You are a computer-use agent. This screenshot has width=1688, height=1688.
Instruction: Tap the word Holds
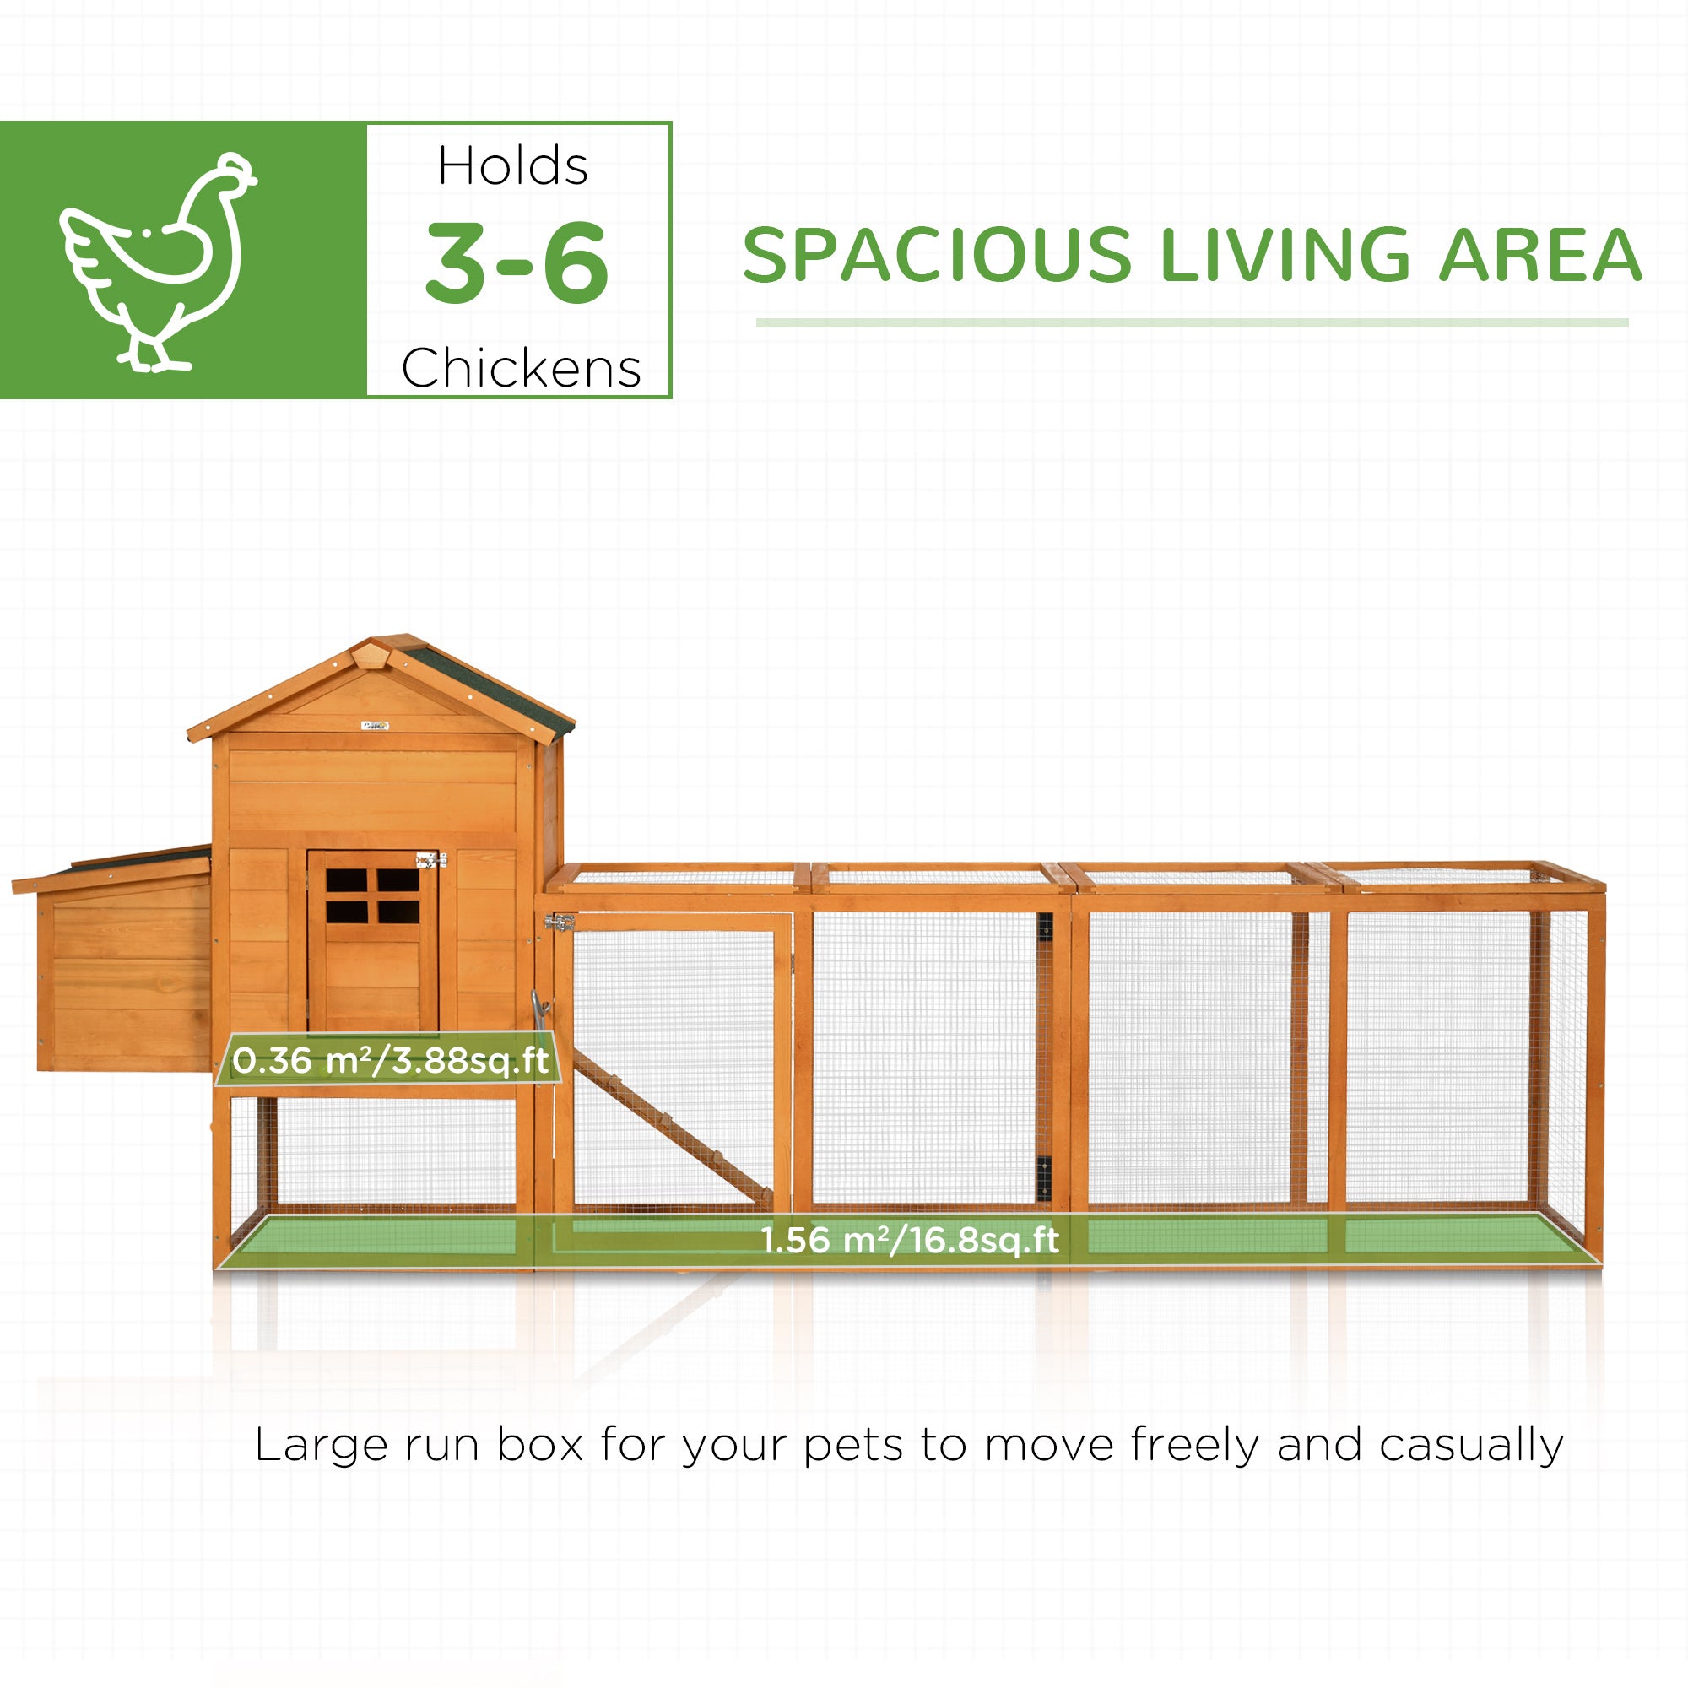click(513, 166)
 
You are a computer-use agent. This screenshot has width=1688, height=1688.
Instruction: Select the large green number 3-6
click(517, 262)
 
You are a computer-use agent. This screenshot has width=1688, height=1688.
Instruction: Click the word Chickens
click(521, 368)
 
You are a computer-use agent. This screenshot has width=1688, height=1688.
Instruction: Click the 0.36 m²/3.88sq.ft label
click(390, 1061)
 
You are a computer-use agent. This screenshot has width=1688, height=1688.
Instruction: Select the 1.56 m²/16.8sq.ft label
click(909, 1240)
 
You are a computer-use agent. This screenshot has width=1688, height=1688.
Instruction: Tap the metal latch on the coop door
click(430, 861)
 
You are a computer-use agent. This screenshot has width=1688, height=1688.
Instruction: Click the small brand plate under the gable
click(375, 724)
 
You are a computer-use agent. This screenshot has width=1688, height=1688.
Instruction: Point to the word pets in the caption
click(852, 1445)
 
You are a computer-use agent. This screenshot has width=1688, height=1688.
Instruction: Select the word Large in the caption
click(321, 1445)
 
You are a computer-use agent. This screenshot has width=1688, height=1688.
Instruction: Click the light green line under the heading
click(1192, 322)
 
